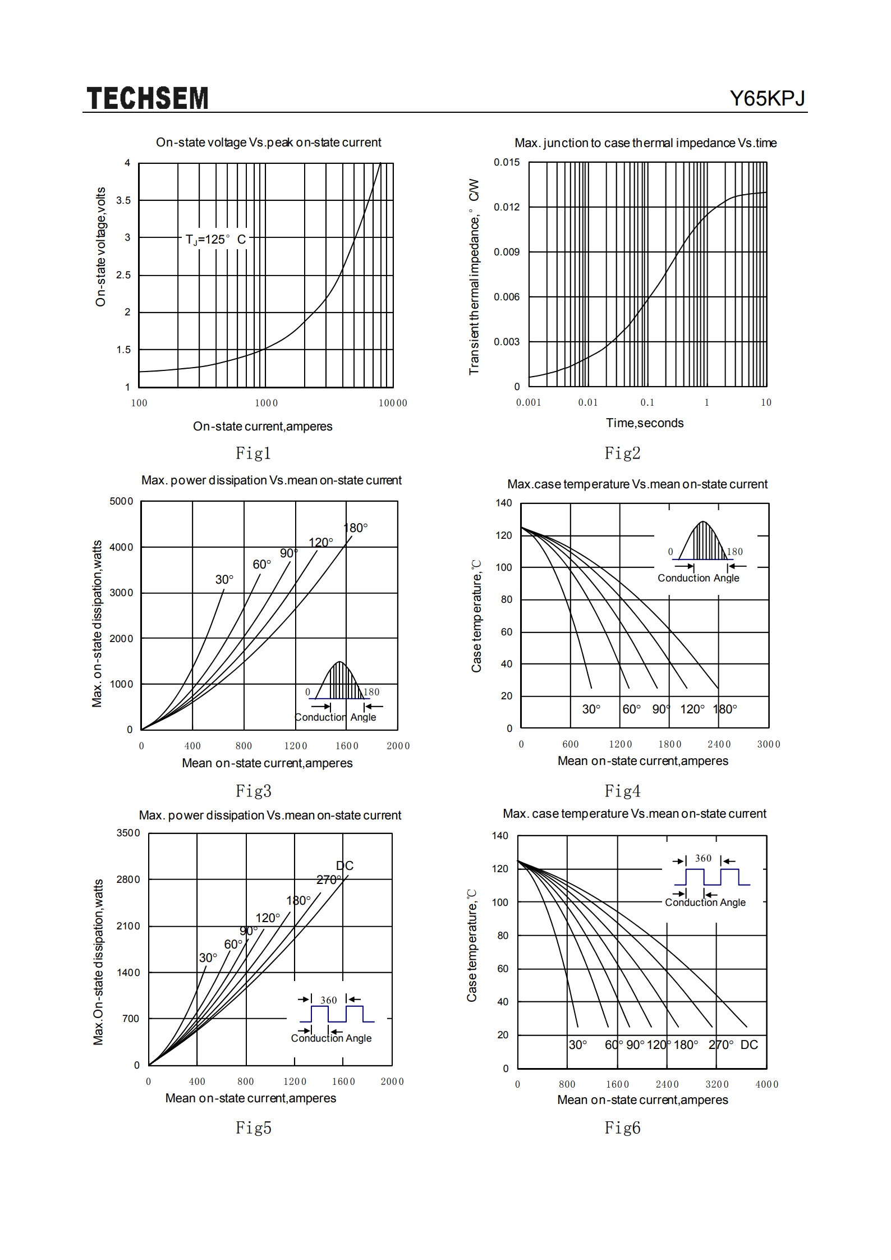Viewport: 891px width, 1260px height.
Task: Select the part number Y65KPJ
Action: pos(767,98)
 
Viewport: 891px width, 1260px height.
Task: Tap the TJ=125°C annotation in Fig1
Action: pos(216,240)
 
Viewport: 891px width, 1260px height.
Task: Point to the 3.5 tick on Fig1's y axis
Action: pos(123,200)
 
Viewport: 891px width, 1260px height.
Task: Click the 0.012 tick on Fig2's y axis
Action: pos(507,207)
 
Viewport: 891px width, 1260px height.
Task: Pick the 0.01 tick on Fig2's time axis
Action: pos(588,402)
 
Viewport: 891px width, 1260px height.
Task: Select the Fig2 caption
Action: pos(622,452)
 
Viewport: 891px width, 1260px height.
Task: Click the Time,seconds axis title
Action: pos(645,423)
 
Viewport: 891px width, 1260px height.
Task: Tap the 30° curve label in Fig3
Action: pos(224,579)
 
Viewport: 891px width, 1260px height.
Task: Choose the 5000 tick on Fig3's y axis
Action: pos(121,501)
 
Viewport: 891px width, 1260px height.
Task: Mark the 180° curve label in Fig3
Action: pos(356,528)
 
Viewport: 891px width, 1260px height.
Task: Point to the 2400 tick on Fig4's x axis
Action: pos(719,744)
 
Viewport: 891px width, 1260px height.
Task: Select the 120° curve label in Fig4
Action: pos(692,709)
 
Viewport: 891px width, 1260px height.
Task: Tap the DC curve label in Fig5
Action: pos(345,865)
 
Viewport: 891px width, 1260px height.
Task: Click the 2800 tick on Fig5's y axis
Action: pos(128,879)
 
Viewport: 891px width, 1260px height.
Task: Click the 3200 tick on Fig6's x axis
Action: pos(717,1084)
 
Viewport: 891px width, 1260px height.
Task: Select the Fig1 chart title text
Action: pos(269,143)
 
